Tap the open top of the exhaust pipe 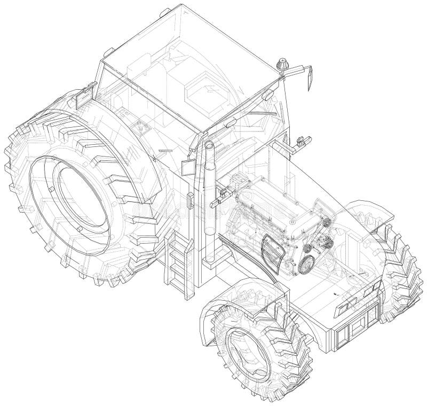(x=208, y=146)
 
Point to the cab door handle (x=188, y=201)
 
